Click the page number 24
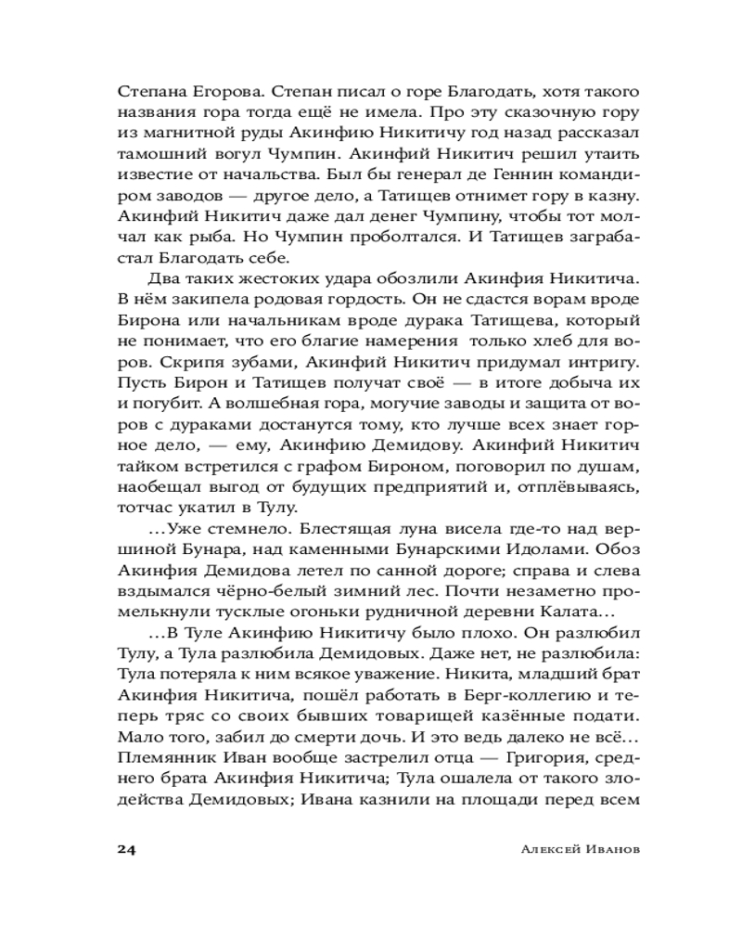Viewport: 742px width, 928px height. tap(126, 850)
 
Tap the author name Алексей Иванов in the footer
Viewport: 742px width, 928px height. tap(568, 850)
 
